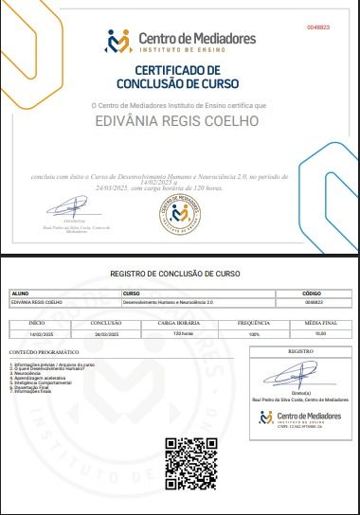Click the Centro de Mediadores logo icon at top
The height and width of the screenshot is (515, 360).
pos(118,42)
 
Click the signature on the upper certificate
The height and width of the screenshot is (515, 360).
pos(69,206)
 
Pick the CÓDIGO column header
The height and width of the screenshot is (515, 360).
pos(312,293)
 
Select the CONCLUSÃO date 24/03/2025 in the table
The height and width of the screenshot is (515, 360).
pos(105,334)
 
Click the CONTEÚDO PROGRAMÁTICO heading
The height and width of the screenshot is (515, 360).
pos(38,351)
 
